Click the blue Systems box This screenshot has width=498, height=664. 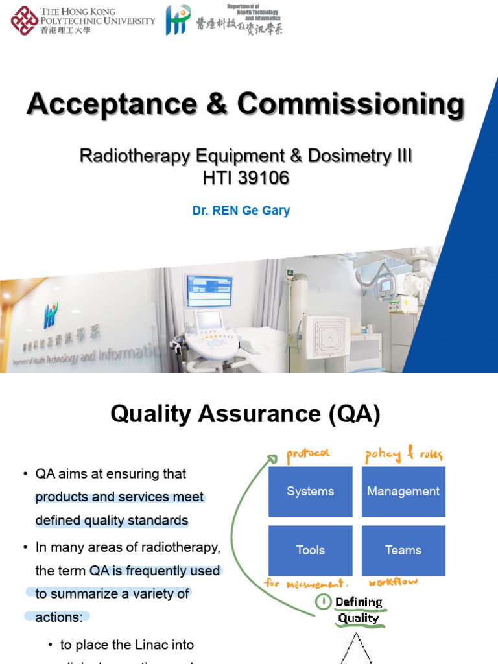(x=310, y=492)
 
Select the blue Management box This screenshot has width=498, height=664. (x=403, y=492)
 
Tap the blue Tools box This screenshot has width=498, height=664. (x=310, y=550)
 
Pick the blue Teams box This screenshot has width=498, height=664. (x=403, y=550)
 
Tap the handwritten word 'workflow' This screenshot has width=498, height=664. (x=394, y=582)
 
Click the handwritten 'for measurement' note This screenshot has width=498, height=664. (x=307, y=583)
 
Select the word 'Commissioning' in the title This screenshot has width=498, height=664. (x=351, y=104)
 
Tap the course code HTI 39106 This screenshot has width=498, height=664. (x=245, y=177)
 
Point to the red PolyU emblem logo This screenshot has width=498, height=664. (x=24, y=20)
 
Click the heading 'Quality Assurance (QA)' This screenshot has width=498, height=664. (x=245, y=414)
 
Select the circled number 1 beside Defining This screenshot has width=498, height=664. (x=322, y=602)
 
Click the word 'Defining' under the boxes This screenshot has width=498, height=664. (x=359, y=602)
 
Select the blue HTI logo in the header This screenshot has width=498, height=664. (x=178, y=20)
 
